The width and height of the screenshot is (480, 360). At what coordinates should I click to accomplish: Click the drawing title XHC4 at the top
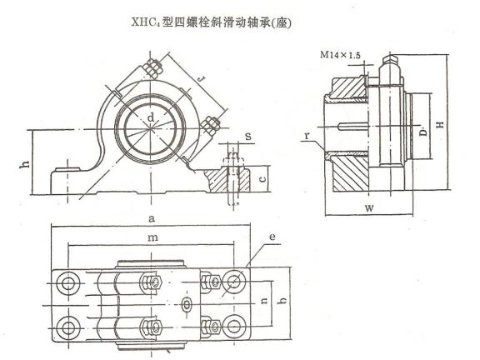pos(147,22)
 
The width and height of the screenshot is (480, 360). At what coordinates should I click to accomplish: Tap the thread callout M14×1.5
pos(340,55)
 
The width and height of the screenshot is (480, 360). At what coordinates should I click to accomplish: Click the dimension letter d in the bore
pos(151,117)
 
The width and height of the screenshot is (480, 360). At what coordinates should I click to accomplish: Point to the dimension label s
pos(248,136)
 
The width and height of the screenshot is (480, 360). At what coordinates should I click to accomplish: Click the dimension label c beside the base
pos(262,178)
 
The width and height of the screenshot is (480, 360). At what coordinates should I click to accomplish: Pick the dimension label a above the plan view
pos(152,218)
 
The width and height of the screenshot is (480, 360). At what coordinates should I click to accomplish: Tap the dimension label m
pos(152,237)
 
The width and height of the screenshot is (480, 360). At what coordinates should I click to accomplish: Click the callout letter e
pos(272,237)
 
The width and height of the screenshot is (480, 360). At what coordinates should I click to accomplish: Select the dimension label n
pos(264,301)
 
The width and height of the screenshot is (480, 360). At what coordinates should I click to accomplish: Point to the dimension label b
pos(283,300)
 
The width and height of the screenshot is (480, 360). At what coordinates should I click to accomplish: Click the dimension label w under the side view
pos(369,208)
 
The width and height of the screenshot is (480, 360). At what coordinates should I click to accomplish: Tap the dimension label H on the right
pos(440,125)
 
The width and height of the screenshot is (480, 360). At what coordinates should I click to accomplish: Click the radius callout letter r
pos(307,135)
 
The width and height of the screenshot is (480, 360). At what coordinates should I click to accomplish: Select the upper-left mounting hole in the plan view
pos(68,283)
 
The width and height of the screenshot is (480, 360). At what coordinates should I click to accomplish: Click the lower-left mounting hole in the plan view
pos(67,328)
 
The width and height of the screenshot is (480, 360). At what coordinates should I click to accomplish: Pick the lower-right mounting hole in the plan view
pos(234,327)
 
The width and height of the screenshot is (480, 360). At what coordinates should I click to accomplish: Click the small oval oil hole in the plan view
pos(187,305)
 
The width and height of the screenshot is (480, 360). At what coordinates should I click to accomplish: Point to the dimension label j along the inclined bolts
pos(201,80)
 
